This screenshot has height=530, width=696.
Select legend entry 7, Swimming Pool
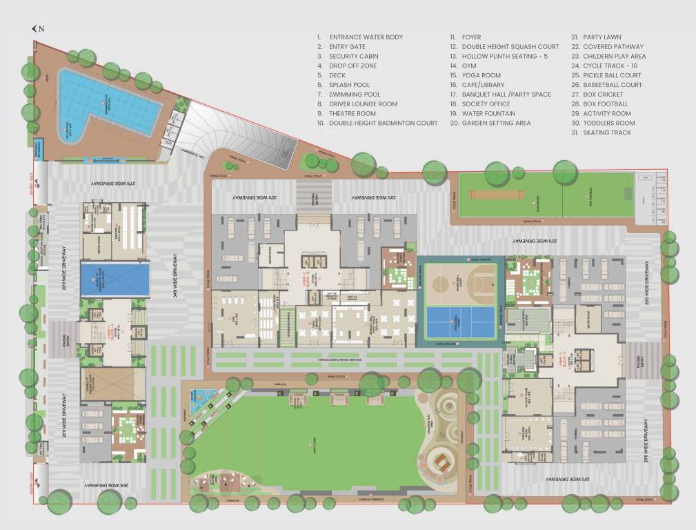coord(355,95)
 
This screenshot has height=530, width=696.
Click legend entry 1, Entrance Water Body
coord(366,37)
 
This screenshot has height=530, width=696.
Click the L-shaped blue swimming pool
coord(103,100)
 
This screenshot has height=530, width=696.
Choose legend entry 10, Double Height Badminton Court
coord(383,123)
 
